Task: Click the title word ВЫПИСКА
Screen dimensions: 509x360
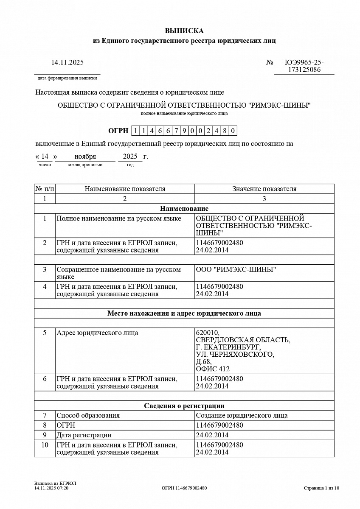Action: pos(184,31)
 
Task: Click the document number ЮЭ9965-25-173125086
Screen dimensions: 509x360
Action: pos(304,66)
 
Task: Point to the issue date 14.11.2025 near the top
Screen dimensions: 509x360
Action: pos(67,62)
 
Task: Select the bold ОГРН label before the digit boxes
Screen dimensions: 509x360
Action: pos(118,131)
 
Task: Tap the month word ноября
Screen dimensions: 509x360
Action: pos(85,157)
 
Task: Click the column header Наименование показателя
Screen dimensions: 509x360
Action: pos(125,189)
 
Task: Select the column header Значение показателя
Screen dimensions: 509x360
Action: pos(264,189)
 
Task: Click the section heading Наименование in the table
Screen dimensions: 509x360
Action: pos(184,208)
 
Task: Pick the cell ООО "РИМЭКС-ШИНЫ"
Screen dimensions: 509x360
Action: pos(236,270)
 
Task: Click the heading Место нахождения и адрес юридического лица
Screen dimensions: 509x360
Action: pos(184,313)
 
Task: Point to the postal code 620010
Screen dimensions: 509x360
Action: pos(208,333)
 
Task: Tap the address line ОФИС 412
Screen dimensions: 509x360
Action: pos(213,369)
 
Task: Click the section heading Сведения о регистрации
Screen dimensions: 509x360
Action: pos(184,406)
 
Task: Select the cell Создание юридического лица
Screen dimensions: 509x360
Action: pos(242,416)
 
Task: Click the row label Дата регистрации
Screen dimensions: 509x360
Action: pos(84,435)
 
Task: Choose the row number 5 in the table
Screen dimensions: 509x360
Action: pos(45,333)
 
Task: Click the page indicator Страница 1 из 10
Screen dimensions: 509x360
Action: pos(321,488)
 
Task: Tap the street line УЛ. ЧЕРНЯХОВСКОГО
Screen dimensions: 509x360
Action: pos(235,355)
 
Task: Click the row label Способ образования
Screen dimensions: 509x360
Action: pos(88,416)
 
